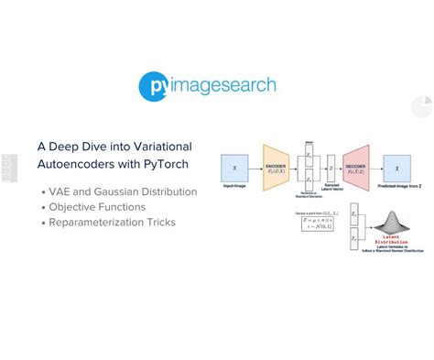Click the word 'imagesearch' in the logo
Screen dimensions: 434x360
click(x=223, y=86)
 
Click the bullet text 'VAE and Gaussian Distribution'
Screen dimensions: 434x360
click(x=123, y=191)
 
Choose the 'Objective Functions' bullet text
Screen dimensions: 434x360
click(x=98, y=207)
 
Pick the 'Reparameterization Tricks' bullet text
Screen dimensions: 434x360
click(x=112, y=223)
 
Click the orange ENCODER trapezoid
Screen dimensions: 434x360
click(x=276, y=167)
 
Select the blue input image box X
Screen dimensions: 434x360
click(x=235, y=168)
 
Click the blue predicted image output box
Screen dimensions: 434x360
click(x=396, y=168)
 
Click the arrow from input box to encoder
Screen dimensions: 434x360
click(x=255, y=168)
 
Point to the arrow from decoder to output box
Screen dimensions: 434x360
click(x=375, y=168)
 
